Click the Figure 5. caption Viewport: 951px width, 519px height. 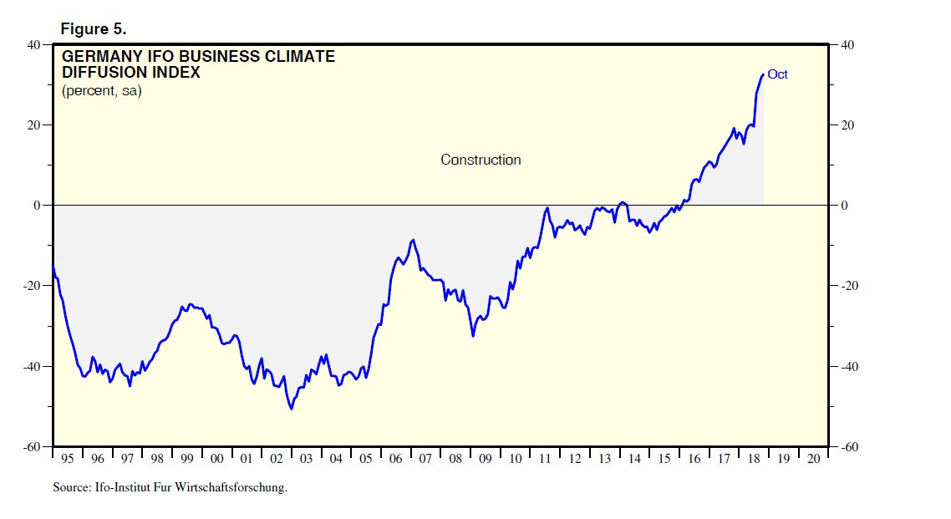(93, 29)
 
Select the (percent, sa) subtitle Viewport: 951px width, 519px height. (101, 90)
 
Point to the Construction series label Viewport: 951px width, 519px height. (481, 160)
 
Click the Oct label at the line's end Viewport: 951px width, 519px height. (777, 74)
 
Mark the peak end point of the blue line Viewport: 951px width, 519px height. (762, 75)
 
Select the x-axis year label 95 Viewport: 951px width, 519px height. (68, 459)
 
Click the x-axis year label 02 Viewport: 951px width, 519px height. (276, 459)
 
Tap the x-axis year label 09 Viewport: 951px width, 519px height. (485, 459)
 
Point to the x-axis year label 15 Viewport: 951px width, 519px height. (664, 459)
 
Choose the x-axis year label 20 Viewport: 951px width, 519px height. (812, 459)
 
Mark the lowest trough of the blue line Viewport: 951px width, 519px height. (291, 409)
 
